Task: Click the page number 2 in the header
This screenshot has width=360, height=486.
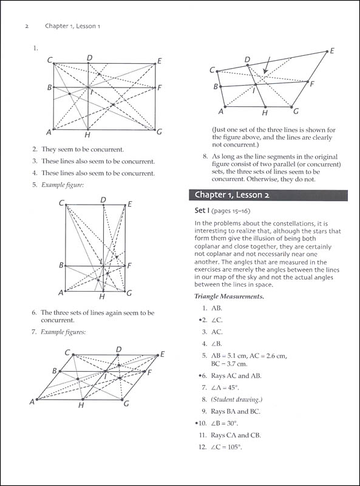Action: point(27,26)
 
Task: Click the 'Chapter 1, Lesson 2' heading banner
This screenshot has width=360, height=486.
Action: point(268,195)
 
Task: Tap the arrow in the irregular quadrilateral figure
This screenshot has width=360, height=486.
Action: point(267,65)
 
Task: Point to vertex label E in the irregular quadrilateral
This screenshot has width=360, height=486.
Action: point(332,51)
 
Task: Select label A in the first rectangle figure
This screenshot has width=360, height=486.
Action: point(49,132)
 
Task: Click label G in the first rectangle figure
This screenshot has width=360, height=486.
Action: point(159,132)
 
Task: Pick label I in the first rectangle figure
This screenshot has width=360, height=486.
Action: point(92,92)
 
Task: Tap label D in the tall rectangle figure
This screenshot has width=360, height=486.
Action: point(103,200)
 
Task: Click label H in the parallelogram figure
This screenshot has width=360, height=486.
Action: point(81,405)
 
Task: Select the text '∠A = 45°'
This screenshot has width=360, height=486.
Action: point(225,388)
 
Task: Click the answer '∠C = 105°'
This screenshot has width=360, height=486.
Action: point(226,447)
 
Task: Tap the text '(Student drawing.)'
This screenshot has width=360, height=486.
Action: point(237,400)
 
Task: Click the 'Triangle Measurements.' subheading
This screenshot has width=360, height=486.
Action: point(229,296)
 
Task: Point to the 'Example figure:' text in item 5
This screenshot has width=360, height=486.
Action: point(63,185)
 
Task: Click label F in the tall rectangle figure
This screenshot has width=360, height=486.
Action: point(129,265)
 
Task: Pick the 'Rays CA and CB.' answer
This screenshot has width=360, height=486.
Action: point(236,435)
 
